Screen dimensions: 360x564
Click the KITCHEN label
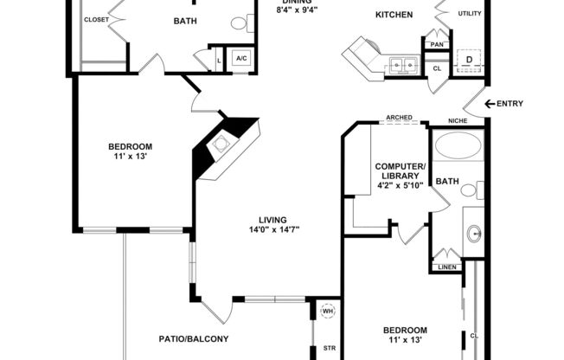(394, 15)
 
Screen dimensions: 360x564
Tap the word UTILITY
(470, 14)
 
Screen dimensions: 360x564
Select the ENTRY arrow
(491, 104)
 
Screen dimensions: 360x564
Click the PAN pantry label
(438, 44)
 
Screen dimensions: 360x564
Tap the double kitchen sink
(401, 64)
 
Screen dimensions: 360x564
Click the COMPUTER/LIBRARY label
(400, 171)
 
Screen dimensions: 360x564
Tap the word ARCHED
(399, 118)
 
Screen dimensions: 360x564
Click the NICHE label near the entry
(458, 120)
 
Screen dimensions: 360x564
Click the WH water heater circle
(328, 311)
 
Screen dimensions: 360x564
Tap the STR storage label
(329, 349)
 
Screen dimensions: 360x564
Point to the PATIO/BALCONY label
(194, 338)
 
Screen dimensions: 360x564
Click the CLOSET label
(96, 19)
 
